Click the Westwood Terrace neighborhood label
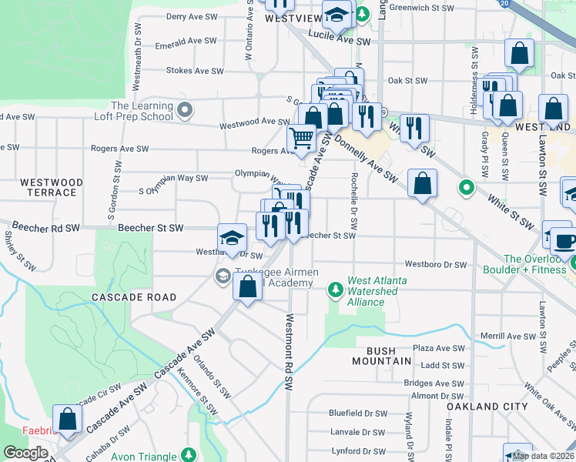(52, 187)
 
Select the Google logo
(25, 453)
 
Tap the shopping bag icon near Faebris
(68, 419)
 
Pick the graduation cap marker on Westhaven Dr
(231, 239)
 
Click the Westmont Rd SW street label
(290, 351)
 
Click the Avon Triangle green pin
(187, 455)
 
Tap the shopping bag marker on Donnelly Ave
(422, 184)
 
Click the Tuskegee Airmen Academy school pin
(223, 276)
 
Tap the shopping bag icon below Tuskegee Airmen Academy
(248, 288)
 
